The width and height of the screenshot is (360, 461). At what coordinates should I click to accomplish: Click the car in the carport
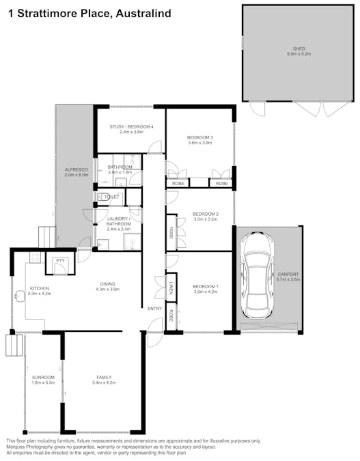click(257, 275)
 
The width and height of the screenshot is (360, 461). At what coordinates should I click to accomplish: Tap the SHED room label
click(299, 48)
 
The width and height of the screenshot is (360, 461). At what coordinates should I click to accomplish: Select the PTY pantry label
click(60, 260)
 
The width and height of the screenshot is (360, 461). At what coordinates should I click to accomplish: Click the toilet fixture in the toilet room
click(103, 197)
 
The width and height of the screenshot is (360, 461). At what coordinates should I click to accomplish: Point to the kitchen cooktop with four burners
click(36, 257)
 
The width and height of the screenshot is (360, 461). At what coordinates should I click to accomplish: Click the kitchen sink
click(20, 296)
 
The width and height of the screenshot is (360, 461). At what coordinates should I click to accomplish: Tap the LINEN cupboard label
click(171, 288)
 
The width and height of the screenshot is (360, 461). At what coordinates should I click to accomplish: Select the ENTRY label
click(154, 309)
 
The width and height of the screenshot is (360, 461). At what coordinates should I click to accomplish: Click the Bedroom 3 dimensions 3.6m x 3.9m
click(200, 143)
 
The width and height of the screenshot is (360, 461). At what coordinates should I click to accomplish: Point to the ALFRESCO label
click(77, 169)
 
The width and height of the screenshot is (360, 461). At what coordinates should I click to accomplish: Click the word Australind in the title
click(143, 13)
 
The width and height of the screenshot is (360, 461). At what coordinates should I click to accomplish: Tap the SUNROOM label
click(43, 377)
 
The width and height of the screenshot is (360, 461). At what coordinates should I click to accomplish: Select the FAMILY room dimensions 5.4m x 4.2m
click(104, 382)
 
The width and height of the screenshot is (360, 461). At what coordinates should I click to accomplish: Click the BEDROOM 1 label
click(206, 286)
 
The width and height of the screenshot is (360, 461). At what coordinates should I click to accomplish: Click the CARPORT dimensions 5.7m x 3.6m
click(288, 279)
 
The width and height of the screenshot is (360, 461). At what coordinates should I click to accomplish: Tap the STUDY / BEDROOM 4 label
click(131, 127)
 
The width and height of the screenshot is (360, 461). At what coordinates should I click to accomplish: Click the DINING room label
click(108, 283)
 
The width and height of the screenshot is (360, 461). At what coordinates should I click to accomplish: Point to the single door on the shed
click(257, 108)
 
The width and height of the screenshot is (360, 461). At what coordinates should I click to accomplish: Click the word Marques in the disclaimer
click(15, 447)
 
